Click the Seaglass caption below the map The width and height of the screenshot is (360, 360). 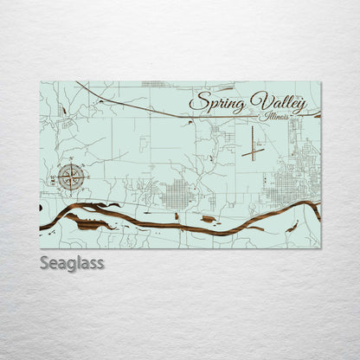coord(72,263)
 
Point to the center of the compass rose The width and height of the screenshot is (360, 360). coord(73,178)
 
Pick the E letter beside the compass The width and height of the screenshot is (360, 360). coord(87,178)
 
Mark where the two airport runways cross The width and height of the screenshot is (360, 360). coord(254,152)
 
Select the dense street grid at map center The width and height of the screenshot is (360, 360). coord(180,194)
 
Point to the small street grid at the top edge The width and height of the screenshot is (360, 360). coord(153,84)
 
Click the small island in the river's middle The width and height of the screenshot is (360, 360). coord(208,219)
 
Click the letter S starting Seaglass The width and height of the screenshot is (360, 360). coord(44,263)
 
